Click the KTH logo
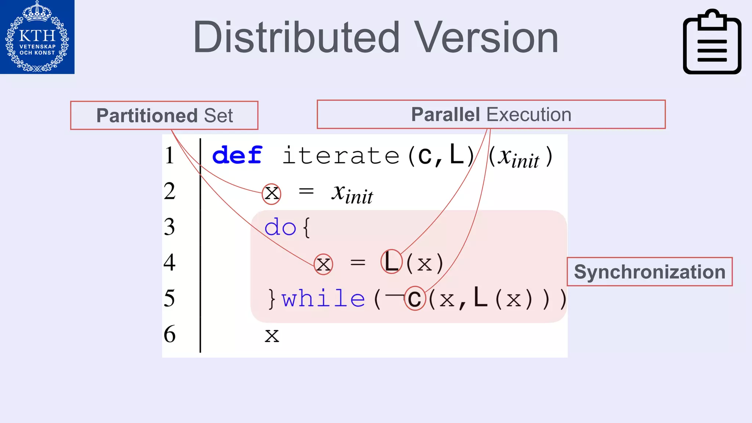(x=37, y=37)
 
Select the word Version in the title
(x=486, y=37)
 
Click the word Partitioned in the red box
(x=147, y=116)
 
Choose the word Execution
(x=529, y=115)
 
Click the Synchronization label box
(x=650, y=272)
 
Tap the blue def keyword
(x=237, y=155)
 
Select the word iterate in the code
(x=341, y=156)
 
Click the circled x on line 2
(x=272, y=194)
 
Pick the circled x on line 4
(x=323, y=264)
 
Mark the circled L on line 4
(x=391, y=262)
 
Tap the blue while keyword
(x=323, y=298)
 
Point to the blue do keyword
(x=280, y=227)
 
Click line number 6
(x=170, y=334)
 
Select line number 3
(x=169, y=227)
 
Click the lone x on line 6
(x=272, y=336)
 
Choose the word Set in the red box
(x=218, y=116)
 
